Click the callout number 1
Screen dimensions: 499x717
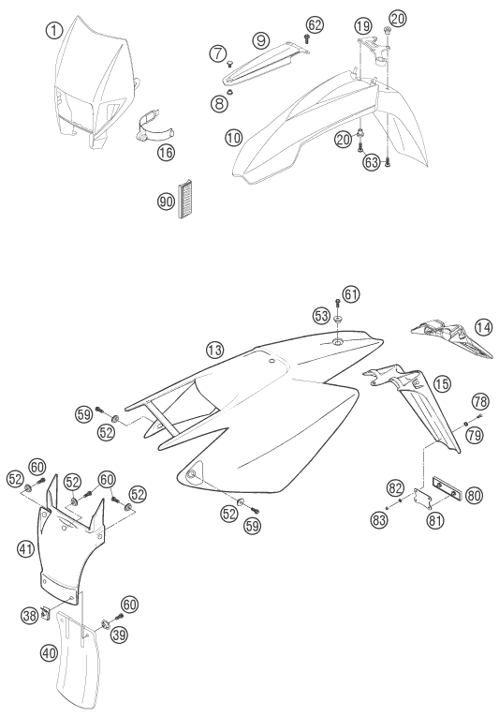click(54, 31)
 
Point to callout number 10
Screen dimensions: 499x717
click(233, 137)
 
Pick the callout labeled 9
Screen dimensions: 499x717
click(261, 40)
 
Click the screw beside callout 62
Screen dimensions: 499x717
click(307, 38)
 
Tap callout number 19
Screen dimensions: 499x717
click(363, 25)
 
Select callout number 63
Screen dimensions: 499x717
click(373, 161)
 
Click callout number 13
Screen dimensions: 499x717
click(214, 351)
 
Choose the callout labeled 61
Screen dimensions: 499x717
click(350, 294)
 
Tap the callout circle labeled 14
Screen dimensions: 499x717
click(483, 327)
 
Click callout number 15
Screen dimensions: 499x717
click(442, 384)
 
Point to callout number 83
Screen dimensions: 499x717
click(380, 519)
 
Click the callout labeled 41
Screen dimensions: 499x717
click(25, 548)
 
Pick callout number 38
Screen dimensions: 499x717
click(30, 616)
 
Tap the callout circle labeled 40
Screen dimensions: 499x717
click(49, 652)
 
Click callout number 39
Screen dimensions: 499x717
click(119, 635)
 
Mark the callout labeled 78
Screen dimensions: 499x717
click(480, 402)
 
